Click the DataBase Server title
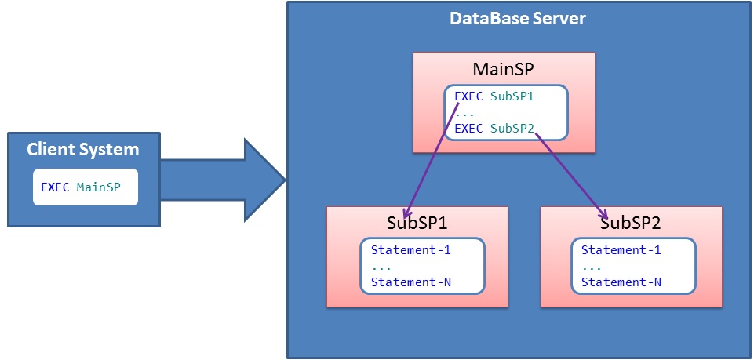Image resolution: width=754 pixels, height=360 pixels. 517,18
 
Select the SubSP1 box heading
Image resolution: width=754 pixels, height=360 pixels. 417,223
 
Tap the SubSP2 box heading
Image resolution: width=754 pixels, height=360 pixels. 631,223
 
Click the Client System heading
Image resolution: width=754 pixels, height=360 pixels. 83,149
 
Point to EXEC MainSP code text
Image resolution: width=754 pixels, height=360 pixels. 85,187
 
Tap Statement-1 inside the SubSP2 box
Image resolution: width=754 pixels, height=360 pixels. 621,250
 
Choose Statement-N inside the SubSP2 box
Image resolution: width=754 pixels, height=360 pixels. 621,282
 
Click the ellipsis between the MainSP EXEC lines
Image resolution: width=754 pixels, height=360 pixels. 464,112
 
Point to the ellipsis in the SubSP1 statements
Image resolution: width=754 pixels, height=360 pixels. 381,267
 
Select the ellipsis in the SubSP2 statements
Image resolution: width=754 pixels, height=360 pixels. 592,267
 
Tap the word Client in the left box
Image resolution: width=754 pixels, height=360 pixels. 52,149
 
